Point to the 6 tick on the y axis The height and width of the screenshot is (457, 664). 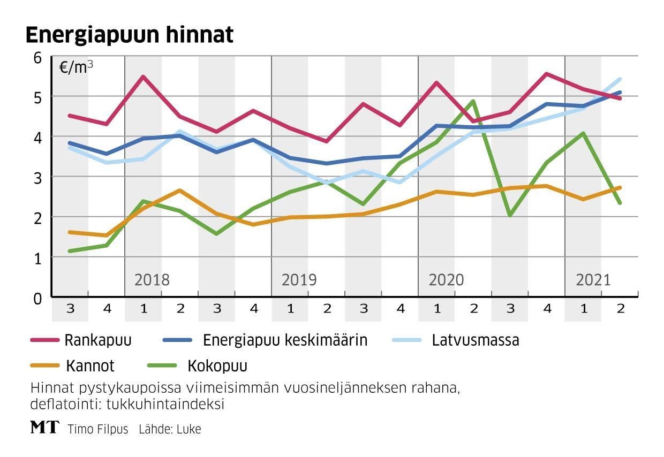pyautogui.click(x=37, y=57)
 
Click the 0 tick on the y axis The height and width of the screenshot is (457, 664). pyautogui.click(x=37, y=298)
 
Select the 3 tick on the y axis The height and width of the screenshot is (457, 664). pyautogui.click(x=37, y=177)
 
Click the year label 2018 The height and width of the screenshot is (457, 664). pyautogui.click(x=152, y=280)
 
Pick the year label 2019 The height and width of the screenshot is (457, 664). pyautogui.click(x=299, y=280)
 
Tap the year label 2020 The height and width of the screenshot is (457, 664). pyautogui.click(x=446, y=280)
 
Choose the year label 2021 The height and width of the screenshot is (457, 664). pyautogui.click(x=593, y=280)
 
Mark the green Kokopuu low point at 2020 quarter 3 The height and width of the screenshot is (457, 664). pyautogui.click(x=510, y=215)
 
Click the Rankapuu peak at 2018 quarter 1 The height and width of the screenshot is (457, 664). pyautogui.click(x=143, y=77)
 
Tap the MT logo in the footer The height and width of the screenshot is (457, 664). pyautogui.click(x=43, y=428)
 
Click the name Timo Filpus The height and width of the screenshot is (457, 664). pyautogui.click(x=98, y=429)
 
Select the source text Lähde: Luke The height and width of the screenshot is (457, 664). pyautogui.click(x=170, y=429)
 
